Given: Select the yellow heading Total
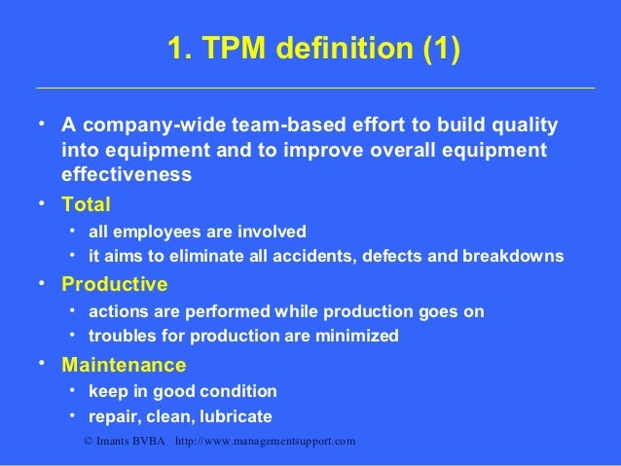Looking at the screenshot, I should point(86,205).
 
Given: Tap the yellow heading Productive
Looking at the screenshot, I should point(114,285).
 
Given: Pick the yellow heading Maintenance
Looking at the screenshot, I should point(124,366).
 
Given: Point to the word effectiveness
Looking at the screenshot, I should point(127,175).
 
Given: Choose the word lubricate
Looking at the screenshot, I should point(237,416).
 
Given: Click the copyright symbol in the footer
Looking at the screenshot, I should point(90,442).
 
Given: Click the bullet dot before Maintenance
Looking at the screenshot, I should point(42,365).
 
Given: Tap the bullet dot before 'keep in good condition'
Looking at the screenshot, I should point(72,390).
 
